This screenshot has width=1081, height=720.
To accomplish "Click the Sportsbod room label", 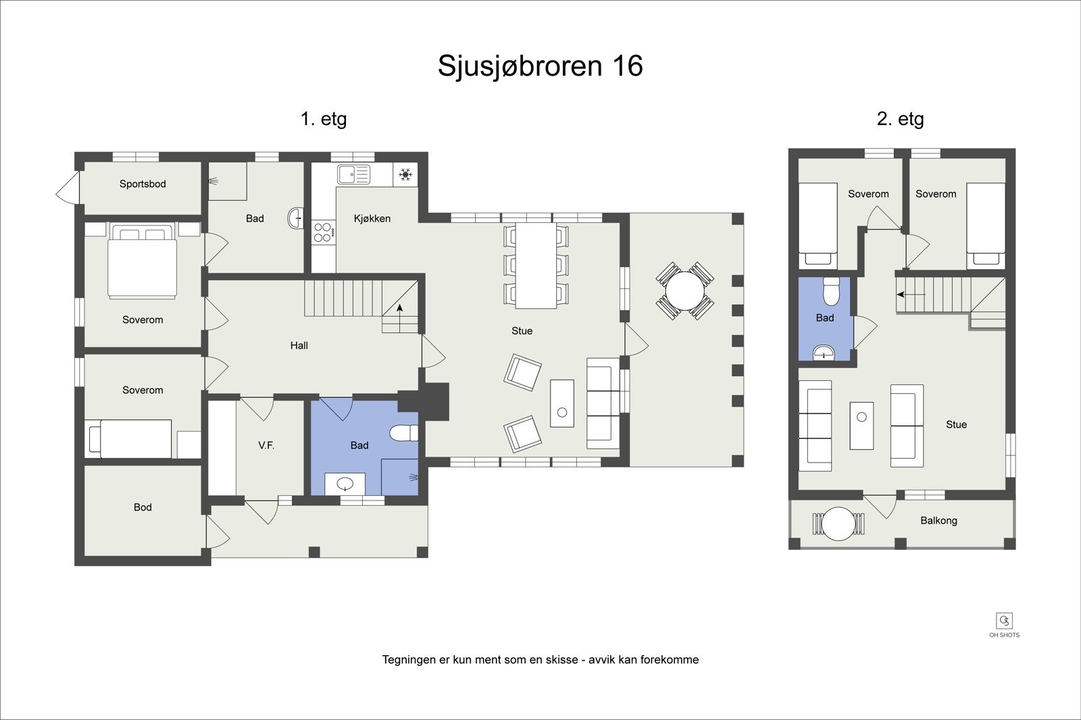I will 143,184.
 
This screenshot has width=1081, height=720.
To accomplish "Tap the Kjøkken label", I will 372,218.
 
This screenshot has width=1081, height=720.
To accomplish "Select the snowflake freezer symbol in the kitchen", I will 405,175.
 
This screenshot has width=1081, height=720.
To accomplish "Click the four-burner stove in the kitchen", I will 323,232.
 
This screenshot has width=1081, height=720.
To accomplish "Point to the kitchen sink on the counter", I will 354,174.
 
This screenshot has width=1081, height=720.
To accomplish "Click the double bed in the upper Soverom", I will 143,263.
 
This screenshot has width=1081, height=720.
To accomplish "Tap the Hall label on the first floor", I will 299,345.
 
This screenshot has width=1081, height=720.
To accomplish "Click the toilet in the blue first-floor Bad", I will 405,433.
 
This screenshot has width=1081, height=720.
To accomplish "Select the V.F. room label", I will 266,445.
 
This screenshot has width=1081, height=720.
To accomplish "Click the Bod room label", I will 143,507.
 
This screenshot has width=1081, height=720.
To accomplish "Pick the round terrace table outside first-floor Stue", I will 684,290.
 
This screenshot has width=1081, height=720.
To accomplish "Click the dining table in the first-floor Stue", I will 536,265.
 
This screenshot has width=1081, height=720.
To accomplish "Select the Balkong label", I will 938,521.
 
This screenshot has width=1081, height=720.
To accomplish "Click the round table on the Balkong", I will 838,523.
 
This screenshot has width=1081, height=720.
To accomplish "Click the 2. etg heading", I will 900,119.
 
